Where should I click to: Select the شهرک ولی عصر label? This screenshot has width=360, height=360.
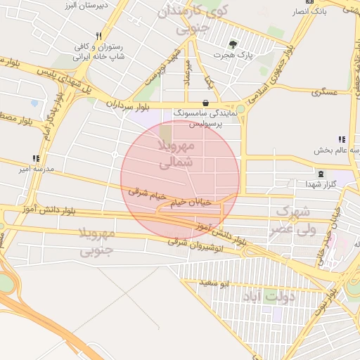coord(295,220)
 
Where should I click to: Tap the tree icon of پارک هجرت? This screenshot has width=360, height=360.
coord(233,43)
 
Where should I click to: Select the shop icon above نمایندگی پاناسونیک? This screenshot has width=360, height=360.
coord(205,102)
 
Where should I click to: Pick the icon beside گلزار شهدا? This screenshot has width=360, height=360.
coord(321,173)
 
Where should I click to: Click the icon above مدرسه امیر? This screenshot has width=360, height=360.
coord(36,159)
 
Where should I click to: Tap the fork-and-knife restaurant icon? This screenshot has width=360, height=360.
coord(99,36)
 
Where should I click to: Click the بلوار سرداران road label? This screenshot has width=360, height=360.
coord(129,105)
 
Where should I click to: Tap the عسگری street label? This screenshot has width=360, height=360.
coord(327,91)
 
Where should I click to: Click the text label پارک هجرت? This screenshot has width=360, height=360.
coord(242,54)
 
